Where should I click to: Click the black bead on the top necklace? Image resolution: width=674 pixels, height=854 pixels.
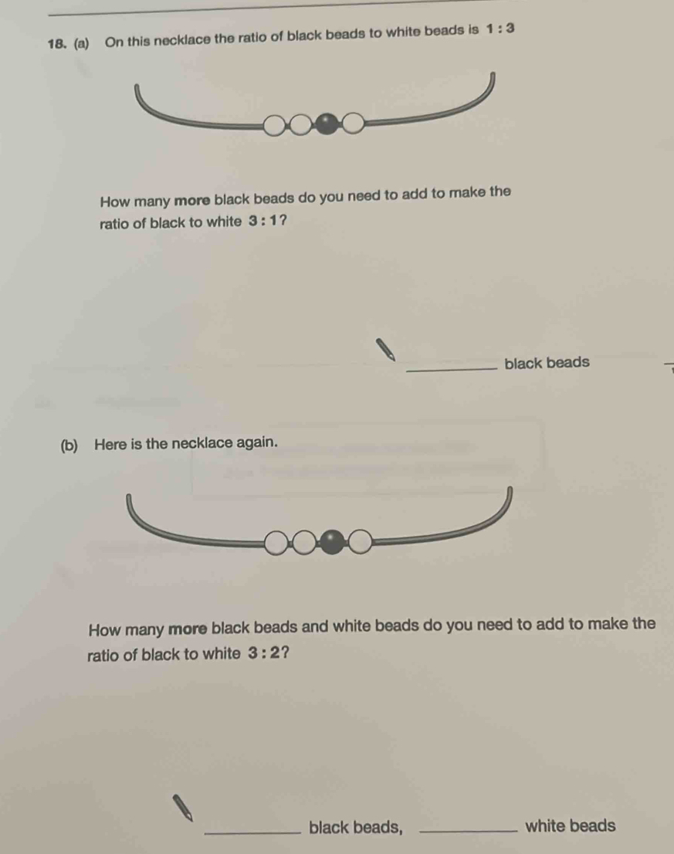point(328,124)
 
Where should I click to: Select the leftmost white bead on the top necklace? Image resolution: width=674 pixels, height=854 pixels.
point(275,125)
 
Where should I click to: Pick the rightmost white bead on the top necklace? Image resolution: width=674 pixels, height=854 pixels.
point(353,124)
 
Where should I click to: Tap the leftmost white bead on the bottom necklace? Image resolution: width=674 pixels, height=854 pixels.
point(278,544)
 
